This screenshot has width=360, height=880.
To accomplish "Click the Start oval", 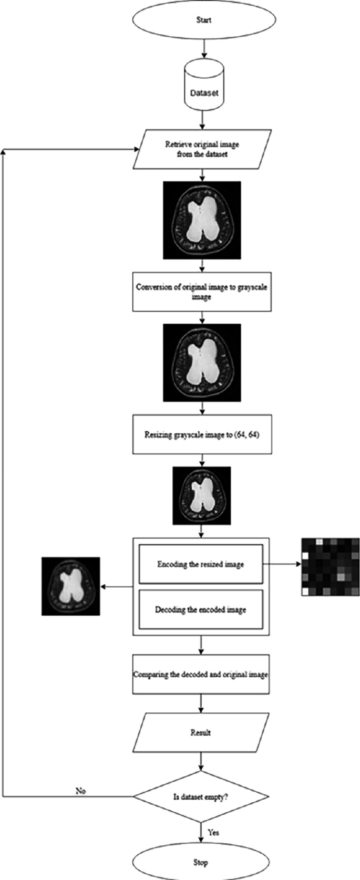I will [203, 20].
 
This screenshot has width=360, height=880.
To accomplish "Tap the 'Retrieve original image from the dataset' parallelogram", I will [202, 149].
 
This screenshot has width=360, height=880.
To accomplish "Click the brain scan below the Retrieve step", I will [202, 220].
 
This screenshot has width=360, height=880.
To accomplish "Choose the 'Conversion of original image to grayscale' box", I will [202, 292].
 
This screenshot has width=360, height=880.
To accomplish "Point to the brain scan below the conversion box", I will [202, 363].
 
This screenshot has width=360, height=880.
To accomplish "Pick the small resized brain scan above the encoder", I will [201, 495].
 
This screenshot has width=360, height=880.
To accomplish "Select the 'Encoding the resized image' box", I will [200, 564].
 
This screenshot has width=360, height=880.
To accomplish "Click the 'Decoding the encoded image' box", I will [200, 610].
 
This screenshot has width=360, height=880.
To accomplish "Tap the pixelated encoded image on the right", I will [331, 567].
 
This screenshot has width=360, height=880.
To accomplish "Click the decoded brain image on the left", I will [70, 586].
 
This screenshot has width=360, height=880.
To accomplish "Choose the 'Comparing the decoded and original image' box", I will [200, 674].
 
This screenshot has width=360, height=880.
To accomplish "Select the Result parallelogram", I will [200, 732].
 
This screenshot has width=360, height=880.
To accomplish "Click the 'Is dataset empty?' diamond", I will [200, 796].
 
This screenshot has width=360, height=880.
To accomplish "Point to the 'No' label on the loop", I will [80, 790].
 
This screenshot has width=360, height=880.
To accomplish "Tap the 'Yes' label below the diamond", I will [213, 832].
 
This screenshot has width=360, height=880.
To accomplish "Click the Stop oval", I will [200, 862].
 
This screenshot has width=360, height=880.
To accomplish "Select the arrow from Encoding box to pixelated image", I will [282, 564].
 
